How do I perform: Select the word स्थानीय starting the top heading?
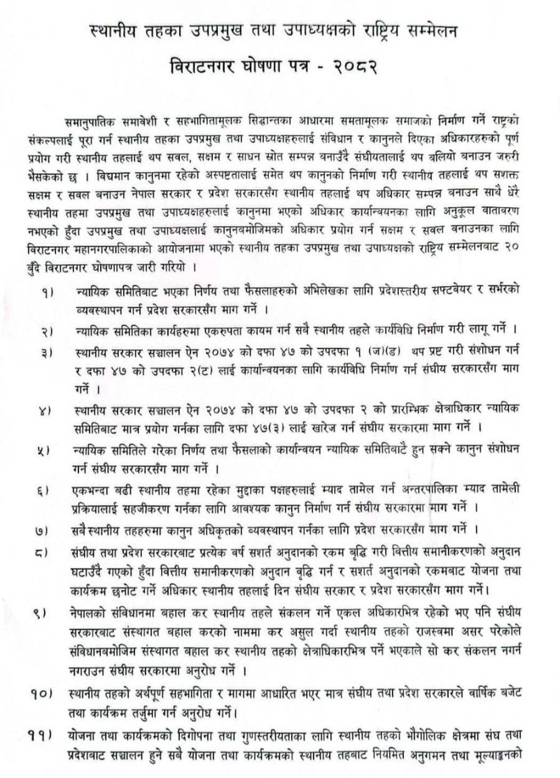coord(114,32)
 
